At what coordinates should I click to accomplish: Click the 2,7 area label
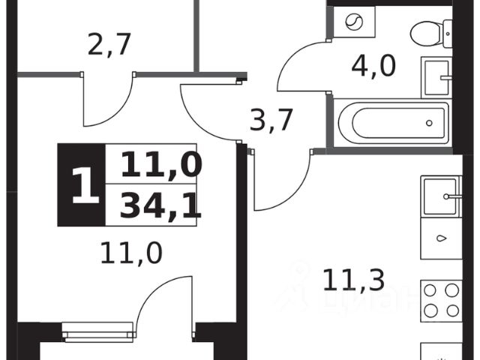109,45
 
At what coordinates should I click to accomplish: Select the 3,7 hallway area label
270,119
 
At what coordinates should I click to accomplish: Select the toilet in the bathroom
431,31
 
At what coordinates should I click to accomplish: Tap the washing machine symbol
352,22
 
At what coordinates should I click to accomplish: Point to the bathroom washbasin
439,75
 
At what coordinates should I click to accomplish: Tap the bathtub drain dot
429,121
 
